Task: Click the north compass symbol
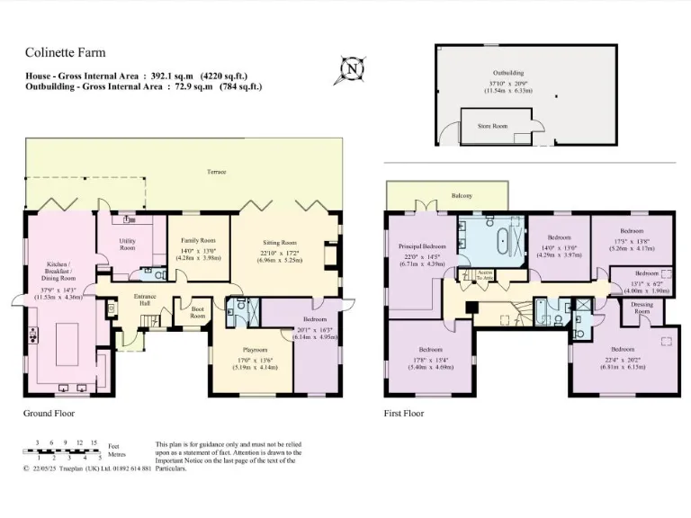pyautogui.click(x=352, y=68)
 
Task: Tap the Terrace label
pyautogui.click(x=216, y=171)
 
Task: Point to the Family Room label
pyautogui.click(x=198, y=240)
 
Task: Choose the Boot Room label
pyautogui.click(x=197, y=313)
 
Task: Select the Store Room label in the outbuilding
pyautogui.click(x=492, y=127)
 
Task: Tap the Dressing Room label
pyautogui.click(x=642, y=308)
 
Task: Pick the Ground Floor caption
pyautogui.click(x=49, y=414)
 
